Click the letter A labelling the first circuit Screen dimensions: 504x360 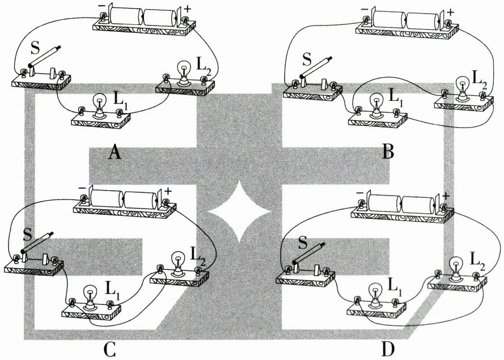115,152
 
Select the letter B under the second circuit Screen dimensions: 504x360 388,151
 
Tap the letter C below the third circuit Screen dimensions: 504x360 109,350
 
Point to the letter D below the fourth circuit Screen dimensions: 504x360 388,350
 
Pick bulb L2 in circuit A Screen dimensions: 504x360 184,73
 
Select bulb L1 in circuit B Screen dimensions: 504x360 375,104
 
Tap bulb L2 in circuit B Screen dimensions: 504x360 463,86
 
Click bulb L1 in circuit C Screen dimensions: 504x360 90,297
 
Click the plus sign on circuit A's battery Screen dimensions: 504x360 188,9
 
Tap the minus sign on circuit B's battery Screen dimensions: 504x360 365,9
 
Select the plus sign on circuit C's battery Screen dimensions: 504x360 168,192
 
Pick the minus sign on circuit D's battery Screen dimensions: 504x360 360,193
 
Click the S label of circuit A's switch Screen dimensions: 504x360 36,49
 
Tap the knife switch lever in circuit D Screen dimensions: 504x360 309,253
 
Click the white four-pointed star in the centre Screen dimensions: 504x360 239,211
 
